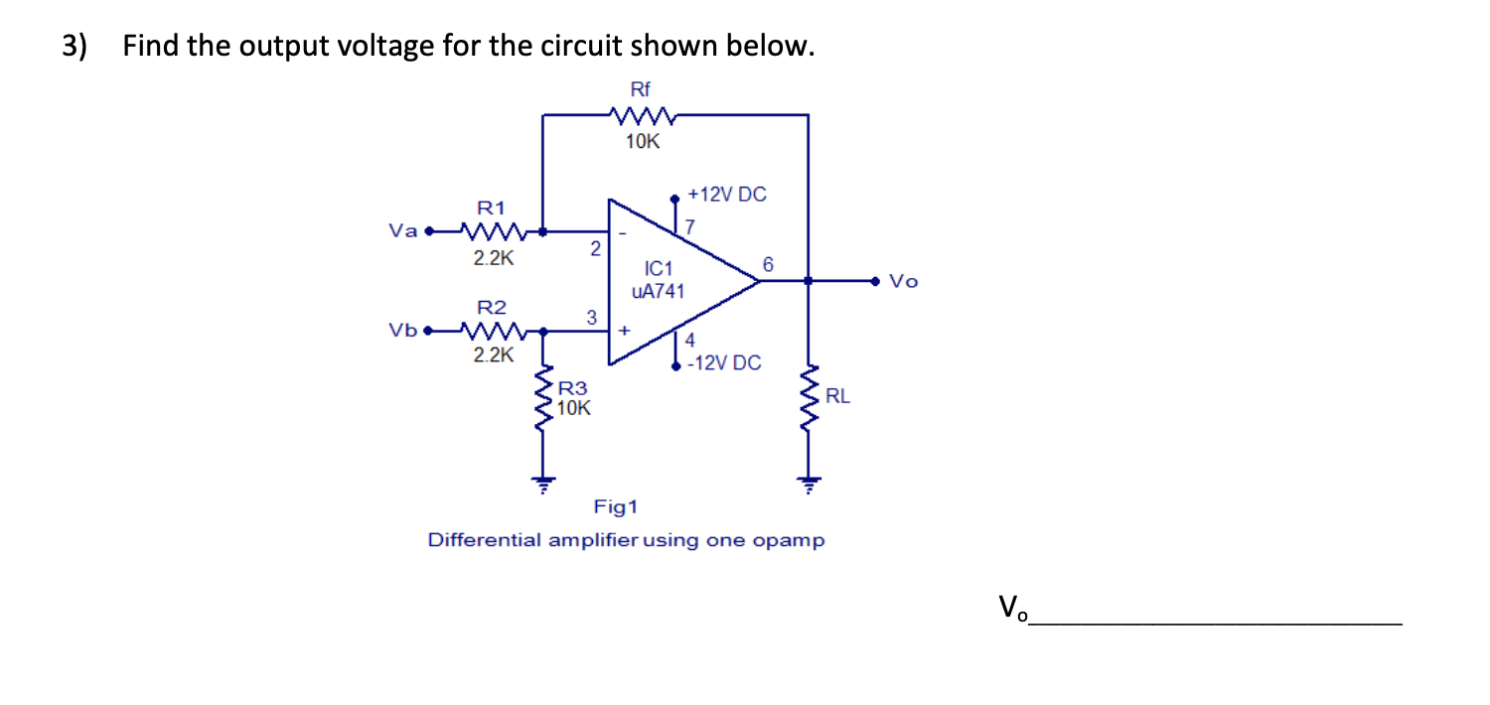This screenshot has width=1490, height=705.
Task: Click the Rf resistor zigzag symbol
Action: point(645,117)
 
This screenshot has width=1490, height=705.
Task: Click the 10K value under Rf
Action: point(643,142)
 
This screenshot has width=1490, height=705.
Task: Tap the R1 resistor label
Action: point(491,209)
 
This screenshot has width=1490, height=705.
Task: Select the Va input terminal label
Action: point(402,231)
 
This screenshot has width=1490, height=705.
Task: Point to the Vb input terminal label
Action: point(402,330)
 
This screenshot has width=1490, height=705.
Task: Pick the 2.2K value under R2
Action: point(493,353)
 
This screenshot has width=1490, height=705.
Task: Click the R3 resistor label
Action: point(572,389)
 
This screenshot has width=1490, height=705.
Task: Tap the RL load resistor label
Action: point(837,397)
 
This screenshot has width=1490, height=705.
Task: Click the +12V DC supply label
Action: point(727,195)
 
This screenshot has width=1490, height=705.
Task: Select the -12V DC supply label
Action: point(724,363)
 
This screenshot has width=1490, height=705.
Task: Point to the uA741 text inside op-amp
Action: point(658,291)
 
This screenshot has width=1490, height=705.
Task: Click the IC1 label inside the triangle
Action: point(659,269)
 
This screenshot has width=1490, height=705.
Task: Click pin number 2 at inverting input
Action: point(594,250)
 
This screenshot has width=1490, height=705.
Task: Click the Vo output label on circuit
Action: point(904,282)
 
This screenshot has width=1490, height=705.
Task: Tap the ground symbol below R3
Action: point(542,486)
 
